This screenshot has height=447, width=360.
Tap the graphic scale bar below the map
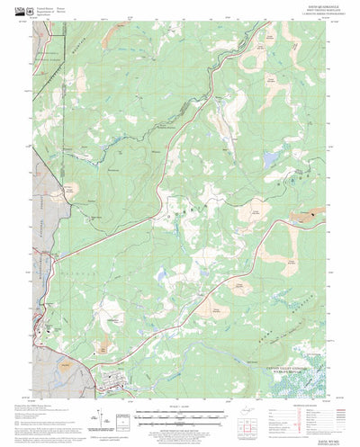click(180, 416)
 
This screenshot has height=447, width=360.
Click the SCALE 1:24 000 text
click(180, 409)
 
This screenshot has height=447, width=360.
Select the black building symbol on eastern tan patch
click(310, 216)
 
